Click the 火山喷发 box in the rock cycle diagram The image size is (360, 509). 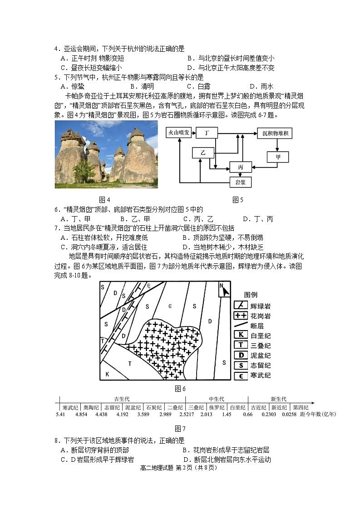180,133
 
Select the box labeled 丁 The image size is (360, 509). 207,133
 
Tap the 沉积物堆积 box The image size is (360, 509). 277,133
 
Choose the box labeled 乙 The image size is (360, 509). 203,153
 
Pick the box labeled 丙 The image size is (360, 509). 240,167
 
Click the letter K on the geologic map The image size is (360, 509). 108,374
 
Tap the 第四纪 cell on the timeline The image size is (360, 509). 300,407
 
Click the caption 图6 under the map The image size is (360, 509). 180,389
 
